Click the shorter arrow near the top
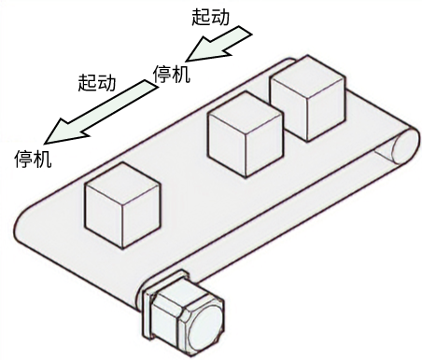(218, 46)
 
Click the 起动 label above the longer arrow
(96, 82)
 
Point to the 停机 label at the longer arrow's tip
(33, 159)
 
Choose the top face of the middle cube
(246, 109)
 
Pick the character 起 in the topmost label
(199, 17)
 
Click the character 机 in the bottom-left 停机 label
(42, 159)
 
